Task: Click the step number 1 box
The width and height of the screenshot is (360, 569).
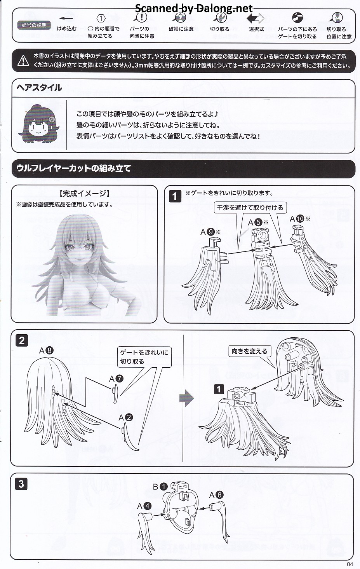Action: tap(175, 196)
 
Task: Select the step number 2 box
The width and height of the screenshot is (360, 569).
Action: tap(22, 340)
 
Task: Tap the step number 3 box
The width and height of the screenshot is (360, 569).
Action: tap(21, 484)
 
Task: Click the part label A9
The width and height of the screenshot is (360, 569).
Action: tap(210, 232)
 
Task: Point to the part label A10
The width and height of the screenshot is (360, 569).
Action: tap(300, 219)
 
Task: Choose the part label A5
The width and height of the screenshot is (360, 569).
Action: tap(258, 223)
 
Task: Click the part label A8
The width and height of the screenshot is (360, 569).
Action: tap(46, 351)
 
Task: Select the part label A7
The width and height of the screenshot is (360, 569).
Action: tap(116, 379)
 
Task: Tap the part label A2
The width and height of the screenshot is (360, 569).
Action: tap(126, 417)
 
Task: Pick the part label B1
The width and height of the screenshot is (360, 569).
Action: tap(160, 487)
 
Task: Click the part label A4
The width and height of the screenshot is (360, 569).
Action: tap(144, 506)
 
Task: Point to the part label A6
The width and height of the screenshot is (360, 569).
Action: tap(216, 495)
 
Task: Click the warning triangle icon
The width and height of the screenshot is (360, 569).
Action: tap(23, 61)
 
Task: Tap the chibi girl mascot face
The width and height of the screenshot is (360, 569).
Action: tap(38, 124)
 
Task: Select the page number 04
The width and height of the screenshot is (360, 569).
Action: tap(350, 564)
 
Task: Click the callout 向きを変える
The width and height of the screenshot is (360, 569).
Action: tap(249, 351)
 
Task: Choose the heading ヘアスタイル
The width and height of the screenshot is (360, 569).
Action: tap(39, 88)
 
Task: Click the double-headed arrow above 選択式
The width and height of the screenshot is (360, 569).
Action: tap(255, 18)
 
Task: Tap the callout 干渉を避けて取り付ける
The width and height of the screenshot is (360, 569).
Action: tap(250, 208)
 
